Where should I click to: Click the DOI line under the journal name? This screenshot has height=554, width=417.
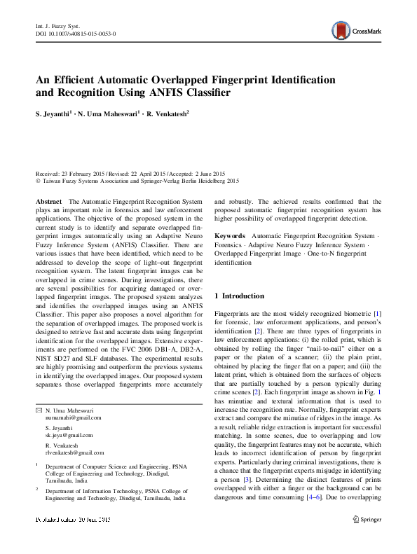75,34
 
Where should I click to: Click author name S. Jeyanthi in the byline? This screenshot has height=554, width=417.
55,112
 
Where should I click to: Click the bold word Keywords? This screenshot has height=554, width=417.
230,237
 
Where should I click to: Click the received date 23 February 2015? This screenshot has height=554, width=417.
88,174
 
